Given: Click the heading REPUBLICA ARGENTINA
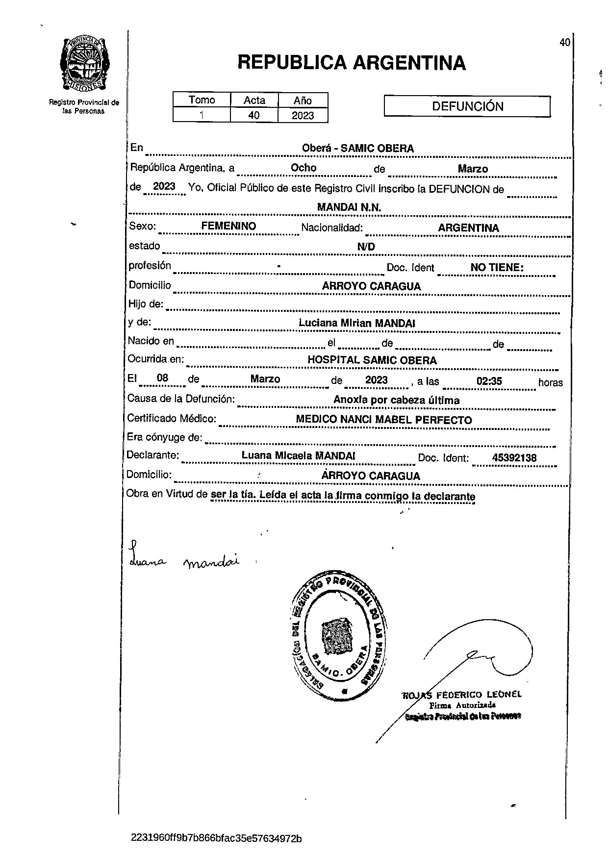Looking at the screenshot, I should (351, 63).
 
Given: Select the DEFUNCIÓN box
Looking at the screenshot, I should (467, 106).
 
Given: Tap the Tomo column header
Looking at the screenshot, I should (202, 100).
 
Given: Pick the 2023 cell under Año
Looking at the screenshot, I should (303, 116).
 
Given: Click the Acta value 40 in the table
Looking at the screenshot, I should (254, 116).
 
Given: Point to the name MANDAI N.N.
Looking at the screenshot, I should (349, 207).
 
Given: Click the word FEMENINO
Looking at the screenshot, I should (228, 226).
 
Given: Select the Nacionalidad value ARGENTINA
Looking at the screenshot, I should (468, 228).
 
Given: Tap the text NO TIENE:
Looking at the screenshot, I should (497, 268).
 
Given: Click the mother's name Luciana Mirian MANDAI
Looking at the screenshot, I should (357, 323).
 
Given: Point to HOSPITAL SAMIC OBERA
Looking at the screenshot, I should (372, 360).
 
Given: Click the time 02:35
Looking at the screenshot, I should (489, 380).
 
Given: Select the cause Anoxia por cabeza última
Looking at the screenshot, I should (396, 400).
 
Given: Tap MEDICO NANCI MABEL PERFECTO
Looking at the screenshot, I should (384, 420).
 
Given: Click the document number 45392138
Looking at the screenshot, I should (514, 458).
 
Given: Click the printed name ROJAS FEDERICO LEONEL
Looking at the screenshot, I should (462, 695).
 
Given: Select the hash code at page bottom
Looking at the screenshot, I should (216, 838).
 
